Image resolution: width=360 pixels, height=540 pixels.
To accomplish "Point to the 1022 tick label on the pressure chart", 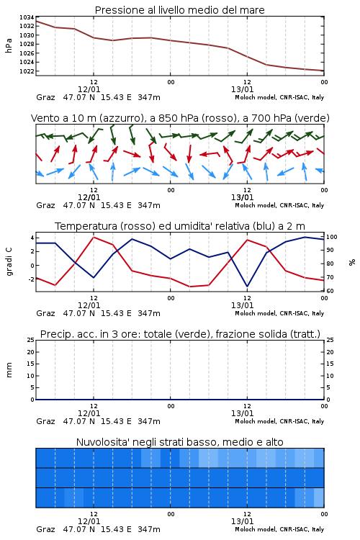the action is pos(27,71).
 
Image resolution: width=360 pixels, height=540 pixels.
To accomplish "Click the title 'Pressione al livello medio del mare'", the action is pos(180,10).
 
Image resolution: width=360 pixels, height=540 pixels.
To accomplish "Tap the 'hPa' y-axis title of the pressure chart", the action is pos(9,45).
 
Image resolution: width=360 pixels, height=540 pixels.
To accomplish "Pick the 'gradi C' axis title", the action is pos(9,261).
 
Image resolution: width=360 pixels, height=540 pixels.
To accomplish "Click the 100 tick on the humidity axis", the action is pos(332,237).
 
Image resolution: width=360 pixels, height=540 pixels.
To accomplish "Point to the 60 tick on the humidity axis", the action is pos(330,291).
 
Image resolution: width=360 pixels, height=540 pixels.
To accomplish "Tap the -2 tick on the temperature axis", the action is pos(31,279).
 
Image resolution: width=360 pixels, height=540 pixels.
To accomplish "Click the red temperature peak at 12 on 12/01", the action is pos(94,238).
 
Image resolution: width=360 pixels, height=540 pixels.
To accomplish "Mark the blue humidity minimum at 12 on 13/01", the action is pos(247,286).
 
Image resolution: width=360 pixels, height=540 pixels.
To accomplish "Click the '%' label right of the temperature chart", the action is pos(352,262).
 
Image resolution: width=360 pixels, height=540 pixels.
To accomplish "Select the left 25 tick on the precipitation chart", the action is pos(31,340).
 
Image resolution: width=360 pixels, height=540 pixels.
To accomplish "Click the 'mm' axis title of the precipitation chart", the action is pos(9,370).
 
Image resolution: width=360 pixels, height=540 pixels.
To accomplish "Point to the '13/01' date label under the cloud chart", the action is pos(242,521).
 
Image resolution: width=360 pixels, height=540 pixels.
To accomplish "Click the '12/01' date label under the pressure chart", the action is pos(89,89).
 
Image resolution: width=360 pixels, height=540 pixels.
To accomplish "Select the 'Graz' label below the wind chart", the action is pos(45,205).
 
